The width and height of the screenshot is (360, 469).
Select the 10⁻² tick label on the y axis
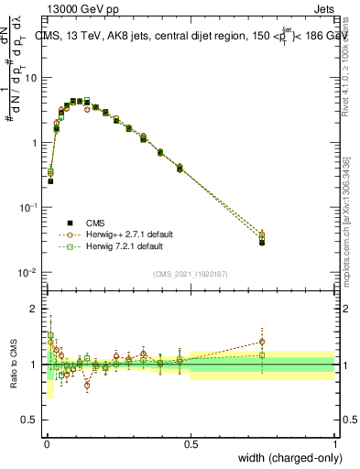(28, 273)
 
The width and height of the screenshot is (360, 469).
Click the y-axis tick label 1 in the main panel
(34, 143)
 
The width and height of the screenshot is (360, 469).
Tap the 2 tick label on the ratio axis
(34, 309)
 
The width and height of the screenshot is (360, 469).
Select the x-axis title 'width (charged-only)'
(290, 458)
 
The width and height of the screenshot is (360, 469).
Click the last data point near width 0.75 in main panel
(262, 242)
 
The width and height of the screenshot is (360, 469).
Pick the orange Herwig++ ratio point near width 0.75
(262, 341)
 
